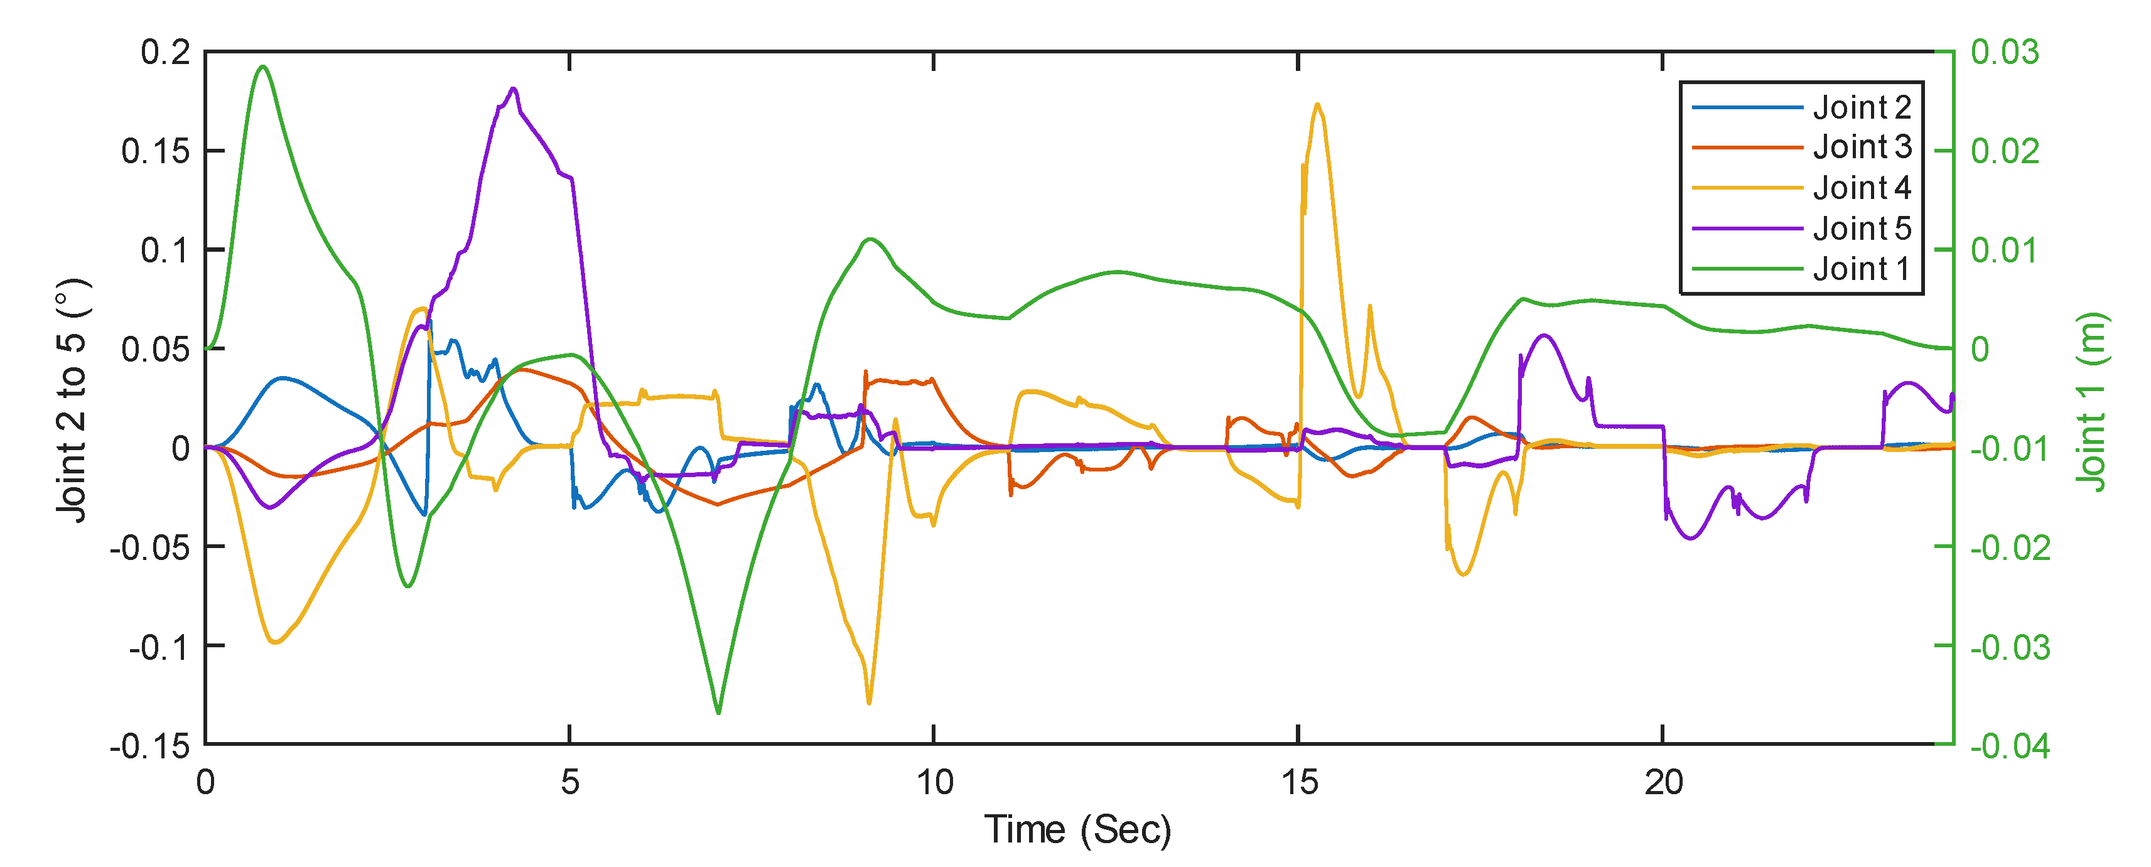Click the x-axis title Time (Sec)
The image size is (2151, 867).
pos(1077,829)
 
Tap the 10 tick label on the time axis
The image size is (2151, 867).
pos(934,783)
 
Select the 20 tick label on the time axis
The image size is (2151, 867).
pos(1663,783)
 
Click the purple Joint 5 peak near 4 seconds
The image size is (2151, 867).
pos(513,89)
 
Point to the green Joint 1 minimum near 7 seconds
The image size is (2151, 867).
pos(718,713)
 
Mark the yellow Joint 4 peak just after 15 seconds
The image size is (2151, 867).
pos(1317,104)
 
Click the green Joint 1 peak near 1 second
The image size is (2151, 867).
pos(263,66)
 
